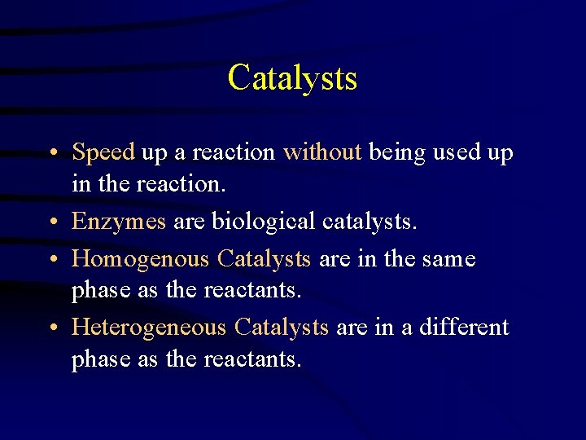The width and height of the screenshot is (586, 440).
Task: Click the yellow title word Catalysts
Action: (292, 78)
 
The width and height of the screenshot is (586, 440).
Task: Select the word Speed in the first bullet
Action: (103, 153)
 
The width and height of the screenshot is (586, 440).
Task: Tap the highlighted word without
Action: (321, 152)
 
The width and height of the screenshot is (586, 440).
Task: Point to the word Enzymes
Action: (119, 222)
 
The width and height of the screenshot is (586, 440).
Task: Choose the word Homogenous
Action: (141, 259)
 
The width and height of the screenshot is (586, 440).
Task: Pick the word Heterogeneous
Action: (149, 328)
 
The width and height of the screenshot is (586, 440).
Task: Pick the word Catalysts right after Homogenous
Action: (264, 259)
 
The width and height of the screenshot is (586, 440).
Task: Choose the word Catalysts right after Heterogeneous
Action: (281, 328)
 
